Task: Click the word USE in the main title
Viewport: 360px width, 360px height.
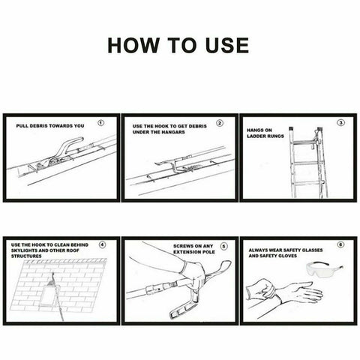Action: pos(226,45)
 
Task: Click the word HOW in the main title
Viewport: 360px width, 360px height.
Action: pos(133,45)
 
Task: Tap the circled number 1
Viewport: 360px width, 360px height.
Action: pos(101,123)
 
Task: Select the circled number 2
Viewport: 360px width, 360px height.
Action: pos(220,123)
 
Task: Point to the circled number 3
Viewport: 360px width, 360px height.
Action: pos(341,123)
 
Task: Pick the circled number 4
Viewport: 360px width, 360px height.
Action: pos(103,244)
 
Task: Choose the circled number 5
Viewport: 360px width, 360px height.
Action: pos(223,246)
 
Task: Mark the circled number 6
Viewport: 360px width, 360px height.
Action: pos(340,244)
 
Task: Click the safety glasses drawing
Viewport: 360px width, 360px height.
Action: pos(325,269)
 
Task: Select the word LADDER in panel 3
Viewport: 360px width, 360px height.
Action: pos(256,136)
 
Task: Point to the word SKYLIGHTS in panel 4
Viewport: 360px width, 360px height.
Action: pos(23,250)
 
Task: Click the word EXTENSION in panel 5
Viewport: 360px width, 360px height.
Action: pos(186,252)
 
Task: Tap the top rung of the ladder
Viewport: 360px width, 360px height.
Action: pos(303,143)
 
